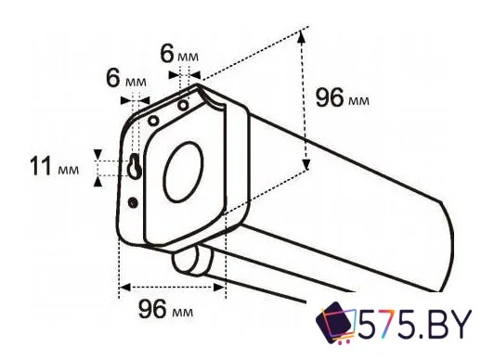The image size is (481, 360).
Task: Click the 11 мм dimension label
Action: point(55,168)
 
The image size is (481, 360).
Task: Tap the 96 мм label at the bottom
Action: point(168,308)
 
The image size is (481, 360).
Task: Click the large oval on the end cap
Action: point(184,174)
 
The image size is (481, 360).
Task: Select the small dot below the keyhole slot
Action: point(135,202)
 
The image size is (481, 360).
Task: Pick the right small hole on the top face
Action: point(184,105)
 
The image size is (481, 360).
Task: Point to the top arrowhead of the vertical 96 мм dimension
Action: point(303,34)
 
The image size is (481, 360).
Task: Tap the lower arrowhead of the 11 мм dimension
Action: point(98,180)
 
